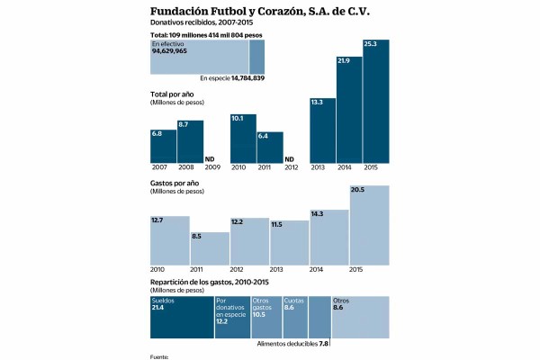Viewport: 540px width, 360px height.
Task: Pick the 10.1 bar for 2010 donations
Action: [x=243, y=138]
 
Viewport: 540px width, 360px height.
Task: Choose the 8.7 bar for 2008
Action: [x=190, y=141]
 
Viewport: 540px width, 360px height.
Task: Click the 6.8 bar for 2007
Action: [x=163, y=146]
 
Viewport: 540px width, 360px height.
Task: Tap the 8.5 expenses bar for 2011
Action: [x=210, y=247]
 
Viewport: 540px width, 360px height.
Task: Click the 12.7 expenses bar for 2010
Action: [x=169, y=240]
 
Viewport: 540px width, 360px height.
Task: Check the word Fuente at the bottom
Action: [x=160, y=356]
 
